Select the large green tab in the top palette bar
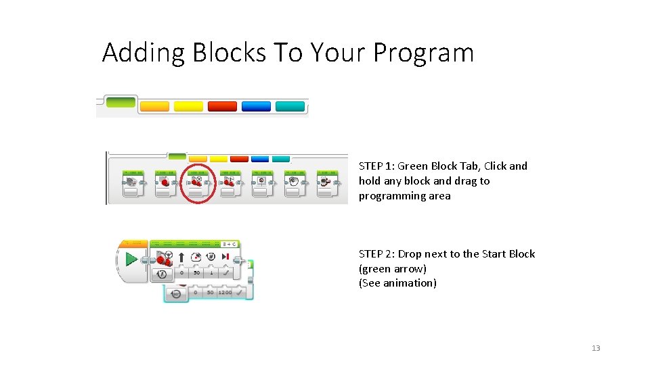click(x=121, y=101)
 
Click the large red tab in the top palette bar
click(x=222, y=106)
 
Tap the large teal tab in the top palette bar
click(x=290, y=106)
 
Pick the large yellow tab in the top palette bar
click(x=188, y=106)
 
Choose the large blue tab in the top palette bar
click(x=256, y=106)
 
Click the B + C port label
click(x=230, y=244)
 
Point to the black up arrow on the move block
click(x=181, y=258)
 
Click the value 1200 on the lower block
click(x=225, y=293)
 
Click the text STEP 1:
click(x=376, y=166)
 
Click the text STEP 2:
click(x=376, y=254)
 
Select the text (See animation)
click(x=397, y=283)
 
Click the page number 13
click(x=596, y=348)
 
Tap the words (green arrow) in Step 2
click(x=393, y=269)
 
